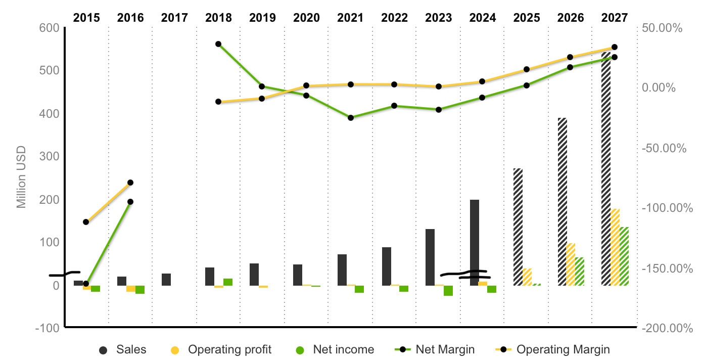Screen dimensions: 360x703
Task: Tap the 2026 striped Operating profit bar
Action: click(571, 264)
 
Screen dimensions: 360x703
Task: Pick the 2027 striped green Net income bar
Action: click(624, 256)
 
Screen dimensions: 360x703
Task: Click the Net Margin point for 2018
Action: click(218, 44)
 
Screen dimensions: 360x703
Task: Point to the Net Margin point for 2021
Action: click(351, 118)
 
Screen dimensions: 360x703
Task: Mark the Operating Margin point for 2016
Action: click(130, 183)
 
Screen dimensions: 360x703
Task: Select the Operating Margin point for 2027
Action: click(615, 47)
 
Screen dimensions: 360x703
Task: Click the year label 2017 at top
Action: click(174, 18)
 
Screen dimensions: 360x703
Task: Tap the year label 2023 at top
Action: click(439, 18)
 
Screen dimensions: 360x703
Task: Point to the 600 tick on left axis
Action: click(49, 28)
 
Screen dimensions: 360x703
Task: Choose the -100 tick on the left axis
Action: click(47, 328)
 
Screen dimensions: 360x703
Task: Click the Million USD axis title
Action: click(21, 177)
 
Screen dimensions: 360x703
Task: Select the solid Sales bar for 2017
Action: click(166, 280)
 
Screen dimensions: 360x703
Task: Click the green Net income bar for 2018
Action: click(228, 282)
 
